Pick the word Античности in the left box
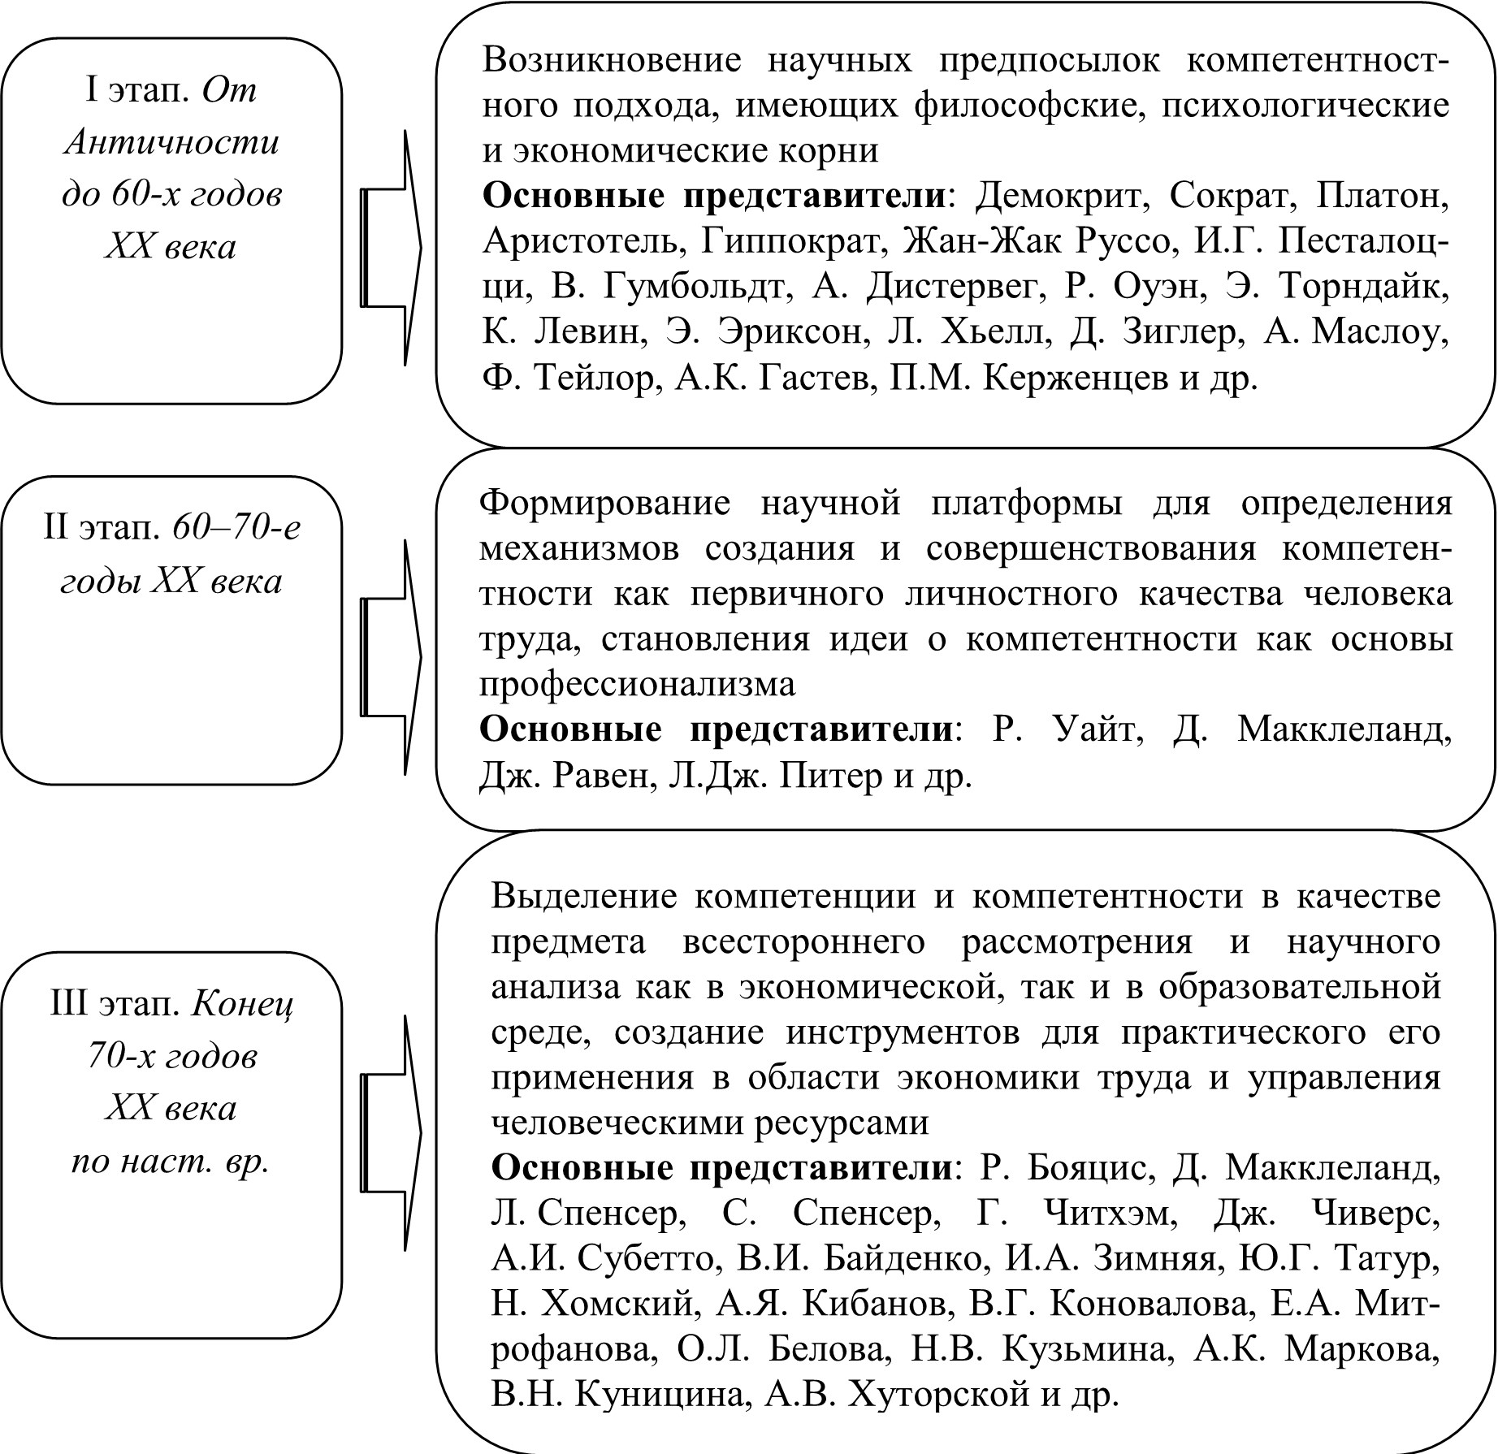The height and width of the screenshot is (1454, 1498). click(171, 142)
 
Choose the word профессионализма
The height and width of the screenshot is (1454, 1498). click(637, 684)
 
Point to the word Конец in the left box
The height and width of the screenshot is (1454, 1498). click(243, 1005)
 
